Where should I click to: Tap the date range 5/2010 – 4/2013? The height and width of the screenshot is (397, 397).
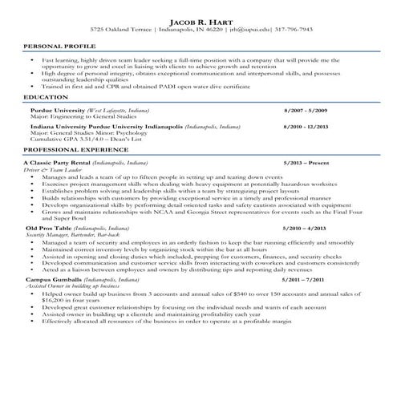click(x=304, y=229)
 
